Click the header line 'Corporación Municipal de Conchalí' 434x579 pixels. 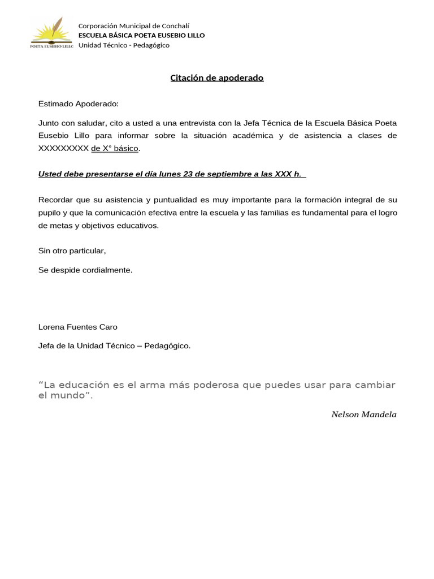coord(133,25)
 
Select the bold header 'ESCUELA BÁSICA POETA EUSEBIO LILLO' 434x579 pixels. coord(141,35)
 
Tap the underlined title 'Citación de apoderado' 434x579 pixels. coord(217,78)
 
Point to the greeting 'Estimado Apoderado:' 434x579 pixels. coord(79,104)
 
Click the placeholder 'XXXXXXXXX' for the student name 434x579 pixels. coord(63,149)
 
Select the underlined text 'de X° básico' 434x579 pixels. coord(115,149)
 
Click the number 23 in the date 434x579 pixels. coord(188,174)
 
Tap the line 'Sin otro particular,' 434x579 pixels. coord(72,250)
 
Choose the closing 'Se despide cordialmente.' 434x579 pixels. coord(85,270)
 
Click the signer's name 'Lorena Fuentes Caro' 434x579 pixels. coord(78,327)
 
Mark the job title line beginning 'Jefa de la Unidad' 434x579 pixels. coord(114,346)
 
